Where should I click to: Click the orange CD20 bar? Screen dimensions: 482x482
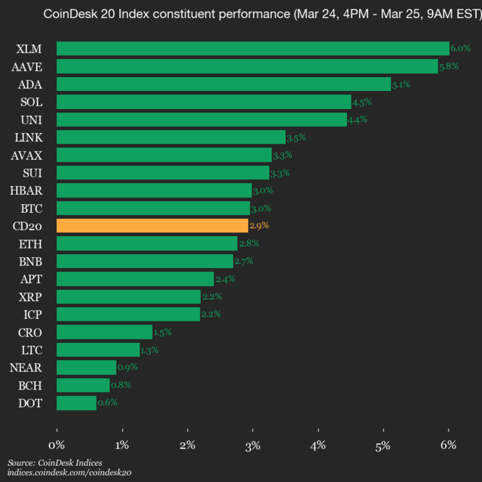click(152, 226)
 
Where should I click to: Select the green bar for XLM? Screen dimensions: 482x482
click(252, 48)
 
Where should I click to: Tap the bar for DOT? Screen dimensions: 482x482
click(76, 403)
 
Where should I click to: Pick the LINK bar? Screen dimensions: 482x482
click(171, 137)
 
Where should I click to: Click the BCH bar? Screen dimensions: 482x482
click(83, 385)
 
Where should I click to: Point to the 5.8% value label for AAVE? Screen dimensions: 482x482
click(449, 66)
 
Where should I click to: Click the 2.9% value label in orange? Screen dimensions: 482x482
click(259, 226)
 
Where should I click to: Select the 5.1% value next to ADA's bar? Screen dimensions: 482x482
click(401, 84)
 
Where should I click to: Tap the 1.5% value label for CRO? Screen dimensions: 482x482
click(163, 332)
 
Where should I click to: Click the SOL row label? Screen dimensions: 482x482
click(31, 102)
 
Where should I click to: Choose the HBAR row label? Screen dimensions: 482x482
click(26, 190)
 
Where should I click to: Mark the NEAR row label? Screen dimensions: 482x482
click(26, 368)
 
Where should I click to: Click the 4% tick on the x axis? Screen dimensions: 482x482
click(318, 445)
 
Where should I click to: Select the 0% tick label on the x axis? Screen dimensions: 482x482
click(57, 445)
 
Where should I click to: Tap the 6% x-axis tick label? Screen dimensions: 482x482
click(449, 445)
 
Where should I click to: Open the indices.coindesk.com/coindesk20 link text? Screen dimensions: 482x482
click(69, 473)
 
